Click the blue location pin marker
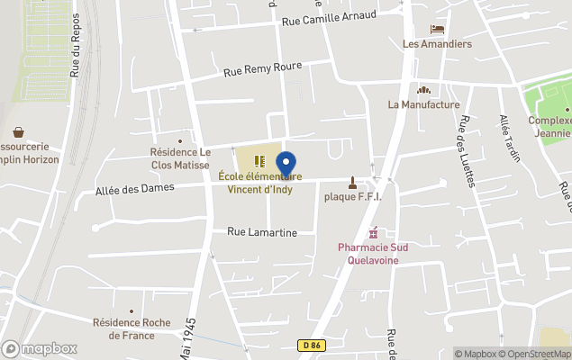click(x=286, y=166)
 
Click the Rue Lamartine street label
click(x=261, y=232)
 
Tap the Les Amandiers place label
click(x=437, y=43)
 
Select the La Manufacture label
click(x=423, y=104)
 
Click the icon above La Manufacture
click(x=423, y=89)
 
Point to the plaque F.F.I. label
click(x=353, y=196)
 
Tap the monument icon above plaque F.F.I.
click(x=352, y=182)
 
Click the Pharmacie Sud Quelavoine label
click(x=368, y=254)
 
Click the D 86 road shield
click(x=312, y=345)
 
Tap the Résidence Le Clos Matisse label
click(x=179, y=158)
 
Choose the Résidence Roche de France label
click(x=132, y=328)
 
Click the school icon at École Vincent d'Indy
click(x=259, y=161)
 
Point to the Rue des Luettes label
click(x=467, y=150)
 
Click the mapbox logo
click(x=40, y=348)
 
